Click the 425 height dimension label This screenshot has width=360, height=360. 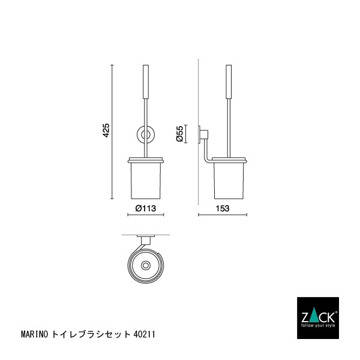[106, 131]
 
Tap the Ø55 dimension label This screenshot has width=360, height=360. [180, 134]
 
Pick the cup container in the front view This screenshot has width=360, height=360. [146, 180]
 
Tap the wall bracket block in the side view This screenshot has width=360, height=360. [203, 134]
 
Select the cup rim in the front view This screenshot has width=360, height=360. [146, 160]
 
